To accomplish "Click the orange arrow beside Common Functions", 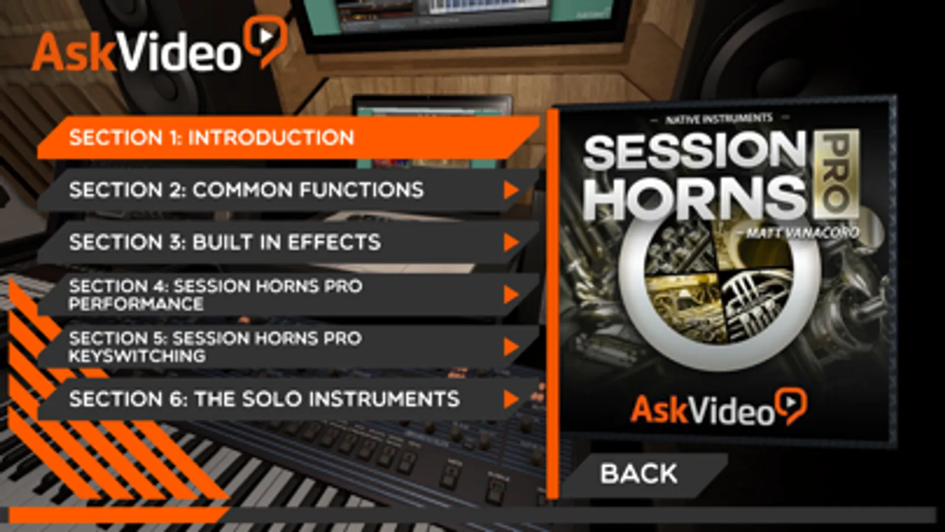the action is click(x=511, y=190).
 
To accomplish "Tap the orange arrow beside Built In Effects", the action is click(x=511, y=242).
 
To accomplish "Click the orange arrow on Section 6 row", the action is click(x=511, y=399).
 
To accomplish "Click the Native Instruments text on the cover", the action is click(x=719, y=119).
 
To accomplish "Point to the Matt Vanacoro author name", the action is click(x=801, y=232).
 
